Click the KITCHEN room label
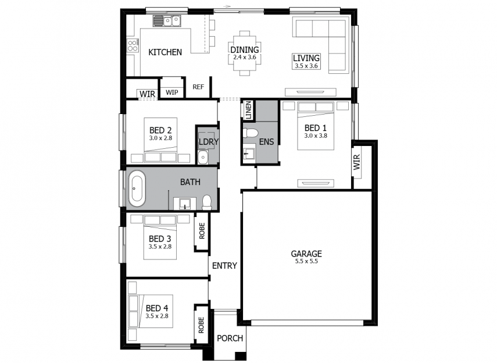(x=165, y=52)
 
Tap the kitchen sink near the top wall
(x=167, y=21)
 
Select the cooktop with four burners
(x=133, y=45)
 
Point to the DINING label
(x=244, y=50)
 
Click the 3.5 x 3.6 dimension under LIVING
(x=306, y=66)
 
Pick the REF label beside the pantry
(x=198, y=87)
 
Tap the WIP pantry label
(x=172, y=92)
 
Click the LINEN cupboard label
(x=248, y=110)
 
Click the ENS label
(x=266, y=142)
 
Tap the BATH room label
(x=190, y=182)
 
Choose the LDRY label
(x=209, y=142)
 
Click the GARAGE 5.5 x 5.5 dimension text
(x=306, y=261)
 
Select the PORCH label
(x=230, y=338)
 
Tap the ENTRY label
(x=224, y=266)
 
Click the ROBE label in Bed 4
(x=201, y=325)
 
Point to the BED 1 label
(x=316, y=128)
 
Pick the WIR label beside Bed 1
(x=357, y=162)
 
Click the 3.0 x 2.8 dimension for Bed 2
(x=160, y=138)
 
